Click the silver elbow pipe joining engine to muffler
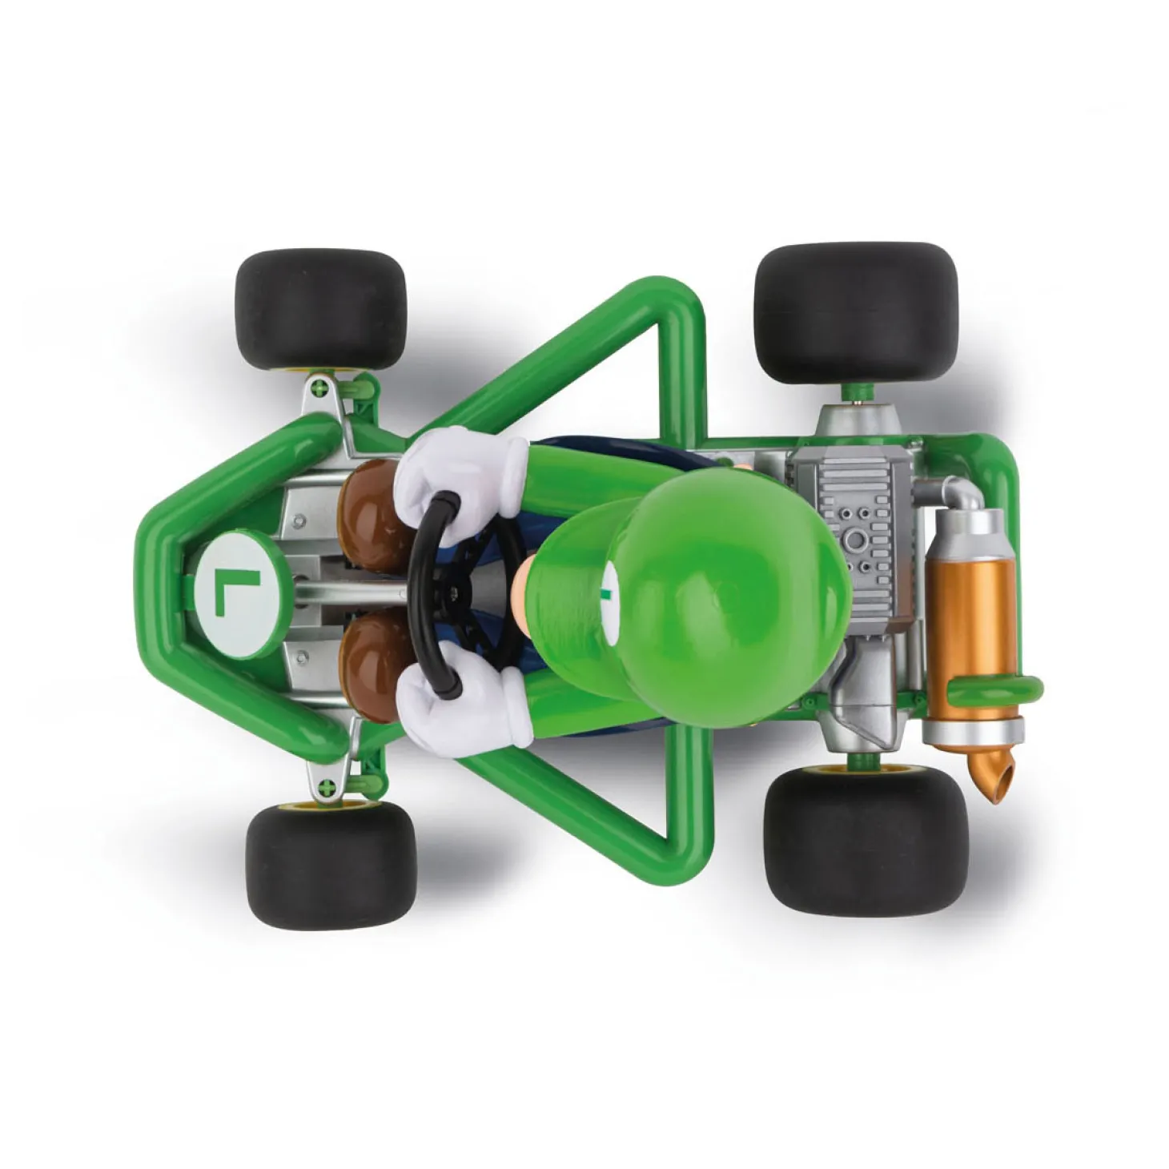957,496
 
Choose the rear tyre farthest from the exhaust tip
857,312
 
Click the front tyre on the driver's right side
320,308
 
